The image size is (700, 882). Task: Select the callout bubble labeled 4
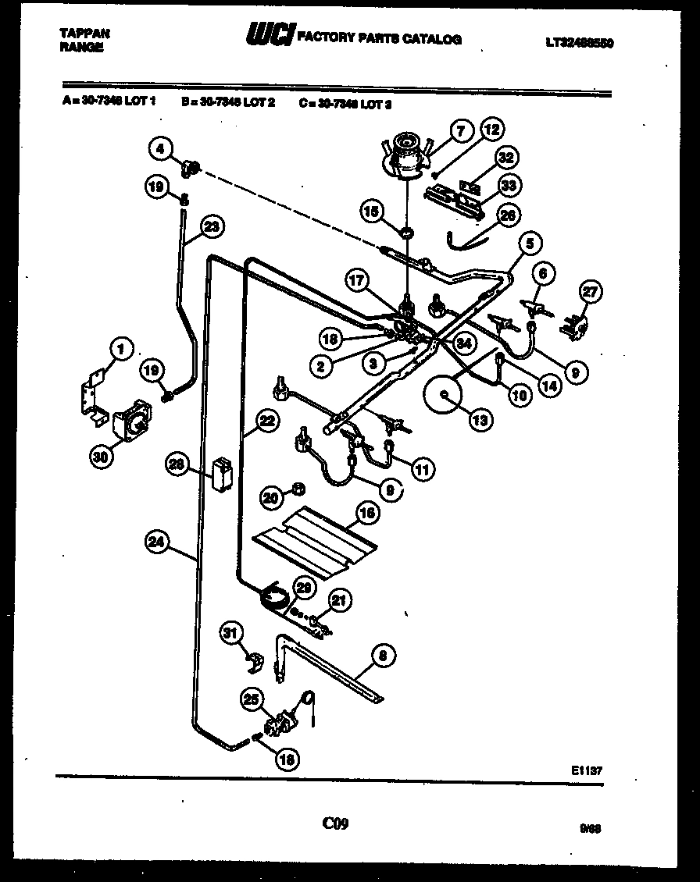tap(159, 147)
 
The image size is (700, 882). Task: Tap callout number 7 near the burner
tap(461, 132)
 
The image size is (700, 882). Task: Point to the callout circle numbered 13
tap(479, 419)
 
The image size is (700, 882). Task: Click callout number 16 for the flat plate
tap(366, 513)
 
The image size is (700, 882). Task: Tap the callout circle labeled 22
tap(267, 421)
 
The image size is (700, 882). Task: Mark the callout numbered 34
tap(466, 341)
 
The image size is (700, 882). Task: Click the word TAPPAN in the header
tap(84, 34)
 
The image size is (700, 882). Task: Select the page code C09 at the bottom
tap(335, 823)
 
